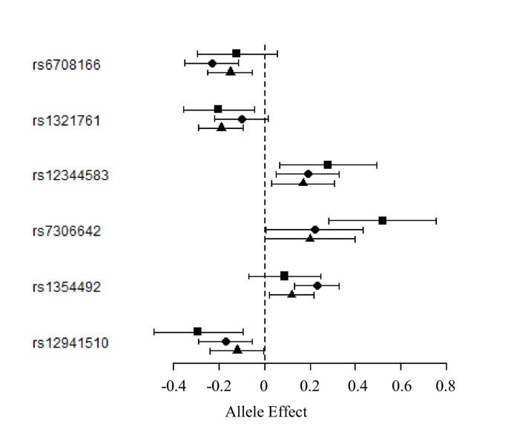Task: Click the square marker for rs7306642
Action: [383, 220]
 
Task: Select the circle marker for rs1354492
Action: [317, 285]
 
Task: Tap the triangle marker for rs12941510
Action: [237, 349]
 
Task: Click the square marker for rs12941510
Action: [197, 331]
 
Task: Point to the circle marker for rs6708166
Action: [212, 64]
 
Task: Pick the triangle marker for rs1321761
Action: [221, 127]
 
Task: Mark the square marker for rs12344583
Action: [328, 165]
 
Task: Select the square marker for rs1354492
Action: [284, 276]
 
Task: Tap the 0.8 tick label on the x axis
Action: [446, 386]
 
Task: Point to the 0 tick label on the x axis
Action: [265, 386]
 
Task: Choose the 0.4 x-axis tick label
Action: [355, 386]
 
